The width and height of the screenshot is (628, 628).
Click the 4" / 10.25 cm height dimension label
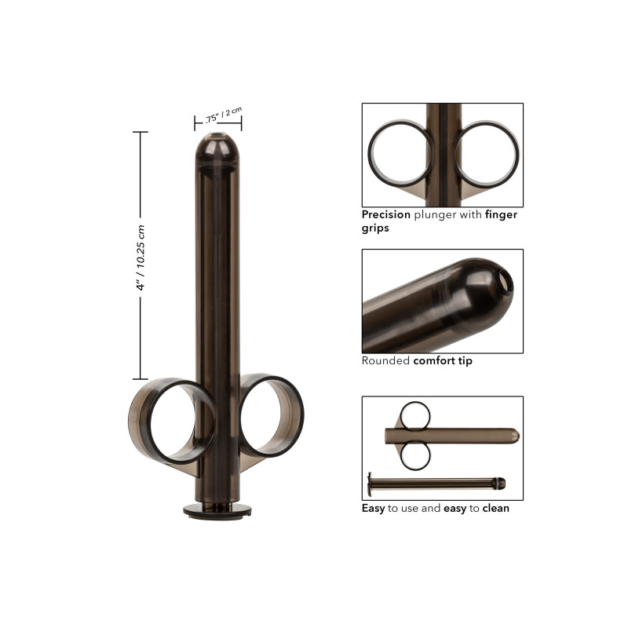141,257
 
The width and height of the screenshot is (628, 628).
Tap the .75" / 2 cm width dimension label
224,115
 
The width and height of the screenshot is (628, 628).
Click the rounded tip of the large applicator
217,146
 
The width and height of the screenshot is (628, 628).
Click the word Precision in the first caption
385,214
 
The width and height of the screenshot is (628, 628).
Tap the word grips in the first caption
375,228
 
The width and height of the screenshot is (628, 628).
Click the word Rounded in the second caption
385,361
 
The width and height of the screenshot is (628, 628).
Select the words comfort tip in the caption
443,361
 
